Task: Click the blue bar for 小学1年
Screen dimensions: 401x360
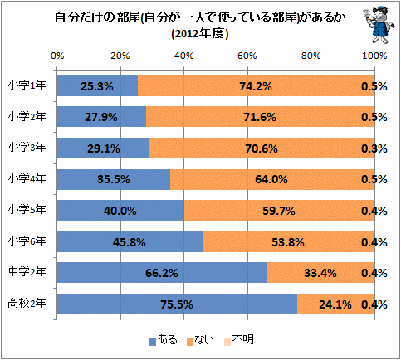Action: pyautogui.click(x=97, y=85)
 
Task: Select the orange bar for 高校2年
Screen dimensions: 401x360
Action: pyautogui.click(x=335, y=304)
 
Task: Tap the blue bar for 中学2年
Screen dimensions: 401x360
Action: pyautogui.click(x=162, y=273)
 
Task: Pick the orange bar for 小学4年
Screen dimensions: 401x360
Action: pyautogui.click(x=271, y=179)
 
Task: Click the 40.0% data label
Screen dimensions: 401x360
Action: pyautogui.click(x=120, y=211)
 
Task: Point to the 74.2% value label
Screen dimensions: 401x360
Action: pyautogui.click(x=256, y=86)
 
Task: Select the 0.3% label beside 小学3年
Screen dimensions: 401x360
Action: pyautogui.click(x=374, y=148)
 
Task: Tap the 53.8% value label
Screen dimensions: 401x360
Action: pyautogui.click(x=288, y=242)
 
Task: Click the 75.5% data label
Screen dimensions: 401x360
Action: pyautogui.click(x=177, y=304)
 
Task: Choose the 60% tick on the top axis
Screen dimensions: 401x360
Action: pyautogui.click(x=247, y=56)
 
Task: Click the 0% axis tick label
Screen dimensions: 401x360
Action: pyautogui.click(x=57, y=56)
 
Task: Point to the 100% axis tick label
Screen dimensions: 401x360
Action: pyautogui.click(x=374, y=56)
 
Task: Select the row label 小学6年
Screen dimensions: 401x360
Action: pyautogui.click(x=27, y=241)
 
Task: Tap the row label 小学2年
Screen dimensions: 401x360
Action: pyautogui.click(x=27, y=116)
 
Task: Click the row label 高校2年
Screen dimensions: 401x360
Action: pyautogui.click(x=27, y=304)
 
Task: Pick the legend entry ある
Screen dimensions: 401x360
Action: pyautogui.click(x=164, y=340)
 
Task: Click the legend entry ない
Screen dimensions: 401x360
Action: pyautogui.click(x=200, y=340)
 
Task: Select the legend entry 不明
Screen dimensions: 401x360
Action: pyautogui.click(x=239, y=340)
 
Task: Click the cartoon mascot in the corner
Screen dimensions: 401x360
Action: pyautogui.click(x=379, y=26)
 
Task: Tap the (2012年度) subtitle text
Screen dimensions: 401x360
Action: pyautogui.click(x=200, y=34)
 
